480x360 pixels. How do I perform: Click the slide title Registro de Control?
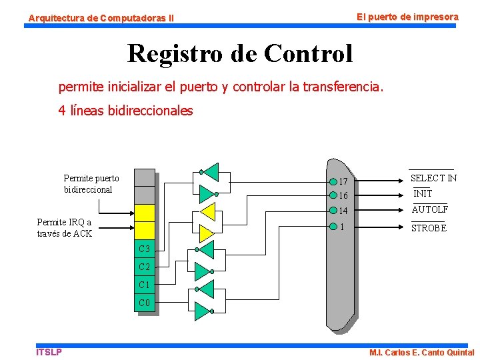[x=240, y=53]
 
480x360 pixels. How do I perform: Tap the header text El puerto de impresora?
[x=407, y=16]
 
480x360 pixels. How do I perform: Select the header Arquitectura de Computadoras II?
[x=101, y=18]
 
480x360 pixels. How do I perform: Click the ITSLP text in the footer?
[x=49, y=352]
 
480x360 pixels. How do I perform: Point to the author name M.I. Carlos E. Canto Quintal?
[x=421, y=353]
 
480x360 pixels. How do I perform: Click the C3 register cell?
[x=145, y=249]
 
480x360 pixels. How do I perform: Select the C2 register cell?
[x=145, y=267]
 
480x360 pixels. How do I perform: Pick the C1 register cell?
[x=145, y=285]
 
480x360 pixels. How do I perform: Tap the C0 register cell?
[x=145, y=303]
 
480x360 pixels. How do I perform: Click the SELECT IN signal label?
[x=433, y=178]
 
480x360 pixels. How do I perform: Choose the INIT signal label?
[x=423, y=193]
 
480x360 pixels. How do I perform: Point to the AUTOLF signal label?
[x=429, y=209]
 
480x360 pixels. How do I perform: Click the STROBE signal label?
[x=429, y=228]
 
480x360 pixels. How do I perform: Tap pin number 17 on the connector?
[x=343, y=182]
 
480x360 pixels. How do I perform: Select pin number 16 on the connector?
[x=343, y=196]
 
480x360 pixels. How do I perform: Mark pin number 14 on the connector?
[x=343, y=211]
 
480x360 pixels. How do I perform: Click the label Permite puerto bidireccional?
[x=91, y=184]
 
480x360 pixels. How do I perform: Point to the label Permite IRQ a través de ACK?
[x=65, y=228]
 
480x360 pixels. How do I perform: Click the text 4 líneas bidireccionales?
[x=125, y=111]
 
